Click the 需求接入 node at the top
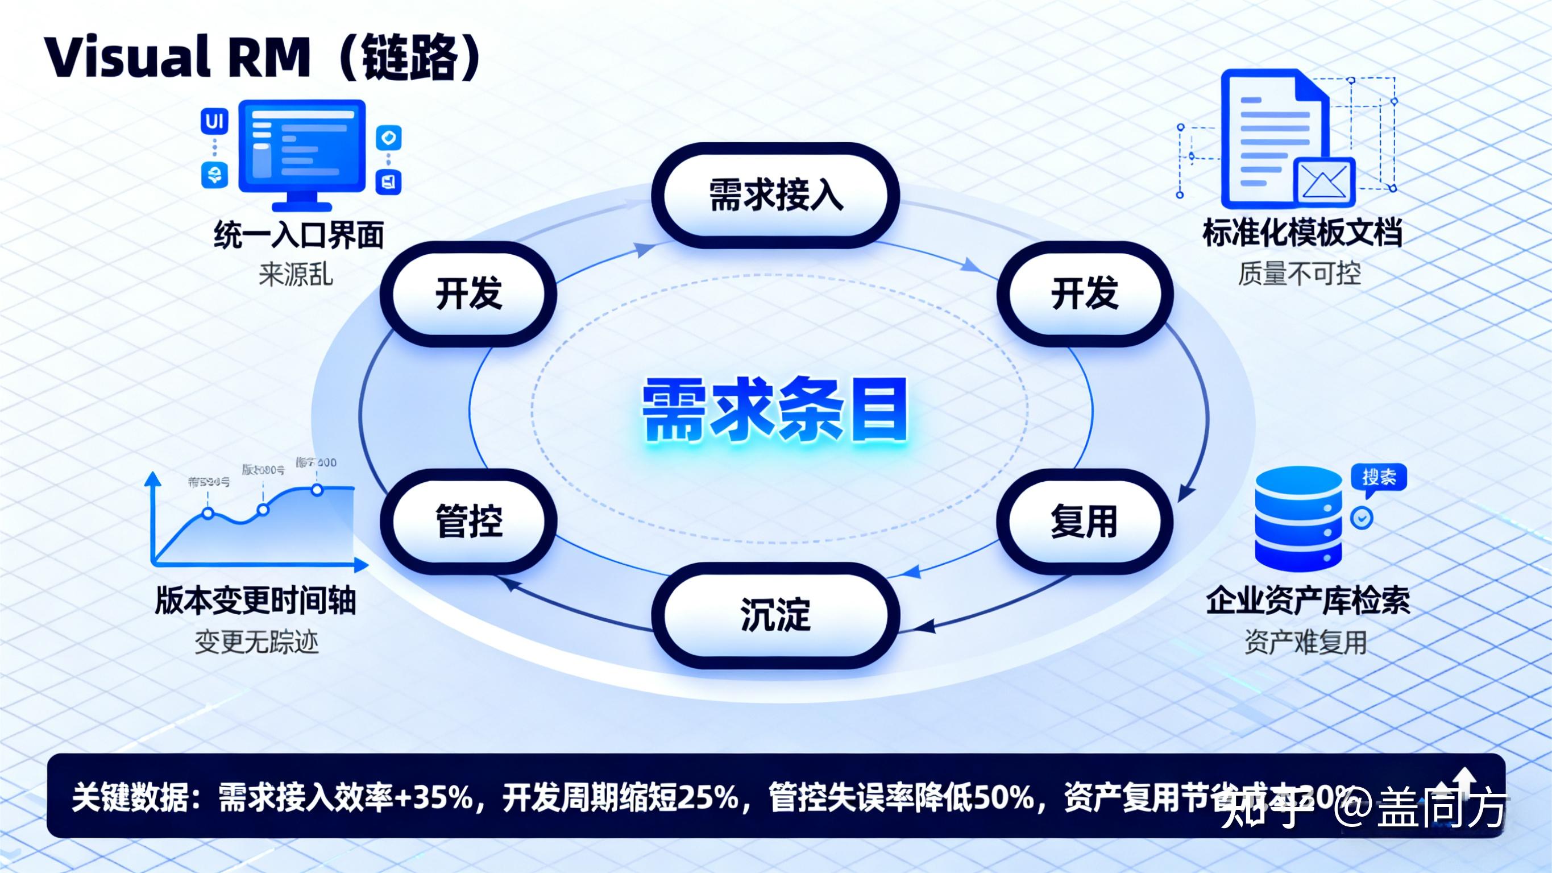(775, 195)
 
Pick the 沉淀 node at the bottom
(775, 615)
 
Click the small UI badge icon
(214, 122)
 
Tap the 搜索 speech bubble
(1379, 478)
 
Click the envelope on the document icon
(1324, 181)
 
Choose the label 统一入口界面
(300, 235)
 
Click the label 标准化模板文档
(1302, 233)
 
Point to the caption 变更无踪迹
(256, 643)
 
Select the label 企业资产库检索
(1308, 601)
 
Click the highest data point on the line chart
(317, 490)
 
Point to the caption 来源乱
(296, 275)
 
